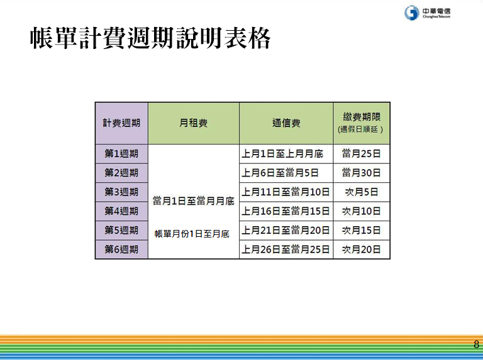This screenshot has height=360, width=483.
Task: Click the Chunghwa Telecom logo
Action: coord(427,13)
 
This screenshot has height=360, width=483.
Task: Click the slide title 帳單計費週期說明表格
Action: coord(150,38)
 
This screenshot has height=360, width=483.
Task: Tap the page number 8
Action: coord(476,344)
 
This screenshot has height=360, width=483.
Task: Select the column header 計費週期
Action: coord(121,123)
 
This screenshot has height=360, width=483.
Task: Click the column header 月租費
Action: coord(194,123)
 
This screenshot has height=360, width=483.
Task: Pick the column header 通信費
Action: coord(286,123)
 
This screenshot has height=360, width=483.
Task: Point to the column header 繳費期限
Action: coord(362,117)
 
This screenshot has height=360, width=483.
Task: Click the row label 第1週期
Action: coord(121,153)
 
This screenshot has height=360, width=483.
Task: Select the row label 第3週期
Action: coord(121,192)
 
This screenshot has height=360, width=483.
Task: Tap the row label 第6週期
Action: coord(121,249)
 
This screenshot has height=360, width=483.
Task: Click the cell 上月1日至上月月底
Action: coord(282,153)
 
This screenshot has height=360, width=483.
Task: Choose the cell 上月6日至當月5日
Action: coord(280,173)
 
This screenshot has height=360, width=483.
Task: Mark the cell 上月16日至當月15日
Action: coord(286,211)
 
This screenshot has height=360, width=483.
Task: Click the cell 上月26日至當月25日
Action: coord(286,249)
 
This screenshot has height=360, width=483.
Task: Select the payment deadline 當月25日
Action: coord(362,153)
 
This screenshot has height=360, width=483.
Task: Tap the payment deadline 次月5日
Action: coord(362,192)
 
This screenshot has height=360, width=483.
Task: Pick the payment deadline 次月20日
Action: coord(362,249)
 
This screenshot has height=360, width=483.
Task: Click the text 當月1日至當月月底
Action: coord(194,201)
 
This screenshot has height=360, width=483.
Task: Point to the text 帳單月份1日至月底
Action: coord(192,234)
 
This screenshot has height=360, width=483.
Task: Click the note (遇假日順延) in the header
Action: coord(360,129)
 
